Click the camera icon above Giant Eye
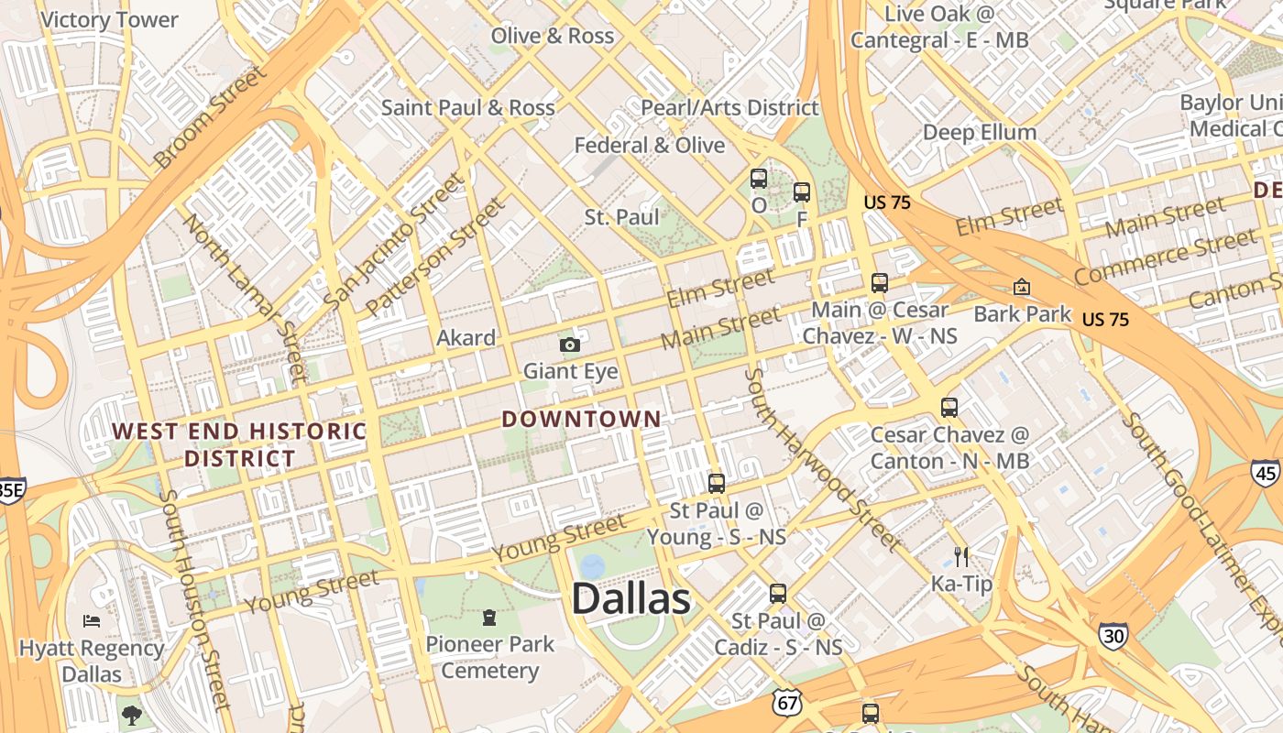(x=570, y=345)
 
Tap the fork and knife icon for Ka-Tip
(x=961, y=557)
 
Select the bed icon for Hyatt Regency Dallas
(x=92, y=621)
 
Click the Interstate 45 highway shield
(x=1265, y=472)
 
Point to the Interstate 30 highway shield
(x=1113, y=635)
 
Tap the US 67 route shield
(x=785, y=703)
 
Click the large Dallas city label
(x=631, y=599)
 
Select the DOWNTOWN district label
(x=581, y=420)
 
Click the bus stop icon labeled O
(x=759, y=179)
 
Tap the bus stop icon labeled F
(x=802, y=192)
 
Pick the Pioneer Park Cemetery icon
(x=489, y=618)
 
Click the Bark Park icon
(x=1022, y=288)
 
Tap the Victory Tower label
(x=110, y=19)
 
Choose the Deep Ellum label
(x=979, y=132)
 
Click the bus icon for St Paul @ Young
(x=717, y=483)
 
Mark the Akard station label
(x=466, y=337)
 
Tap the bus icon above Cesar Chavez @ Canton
(x=949, y=408)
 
